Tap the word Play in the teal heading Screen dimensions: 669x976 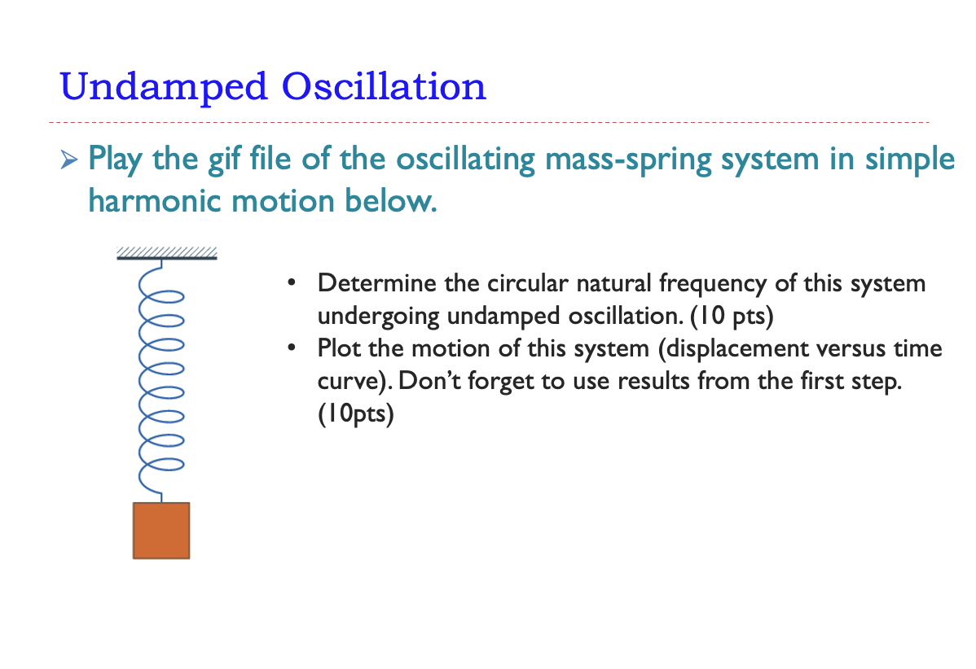coord(117,159)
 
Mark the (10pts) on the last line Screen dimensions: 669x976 coord(356,414)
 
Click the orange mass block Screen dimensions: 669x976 coord(161,531)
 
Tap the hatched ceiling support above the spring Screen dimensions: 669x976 coord(166,253)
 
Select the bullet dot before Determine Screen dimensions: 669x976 coord(290,285)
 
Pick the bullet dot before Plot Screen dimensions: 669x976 coord(290,349)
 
